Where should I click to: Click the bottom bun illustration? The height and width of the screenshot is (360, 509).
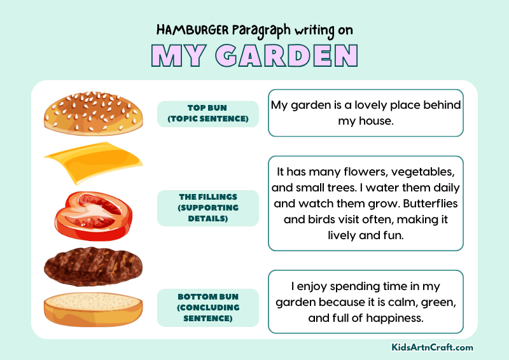click(94, 308)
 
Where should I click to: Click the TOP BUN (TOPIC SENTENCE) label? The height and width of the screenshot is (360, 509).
click(207, 113)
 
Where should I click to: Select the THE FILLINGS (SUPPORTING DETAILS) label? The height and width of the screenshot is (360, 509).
click(207, 207)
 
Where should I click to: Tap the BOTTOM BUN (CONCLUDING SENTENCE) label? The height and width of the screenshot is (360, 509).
click(207, 308)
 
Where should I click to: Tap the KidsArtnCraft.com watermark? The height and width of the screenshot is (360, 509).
click(432, 347)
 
